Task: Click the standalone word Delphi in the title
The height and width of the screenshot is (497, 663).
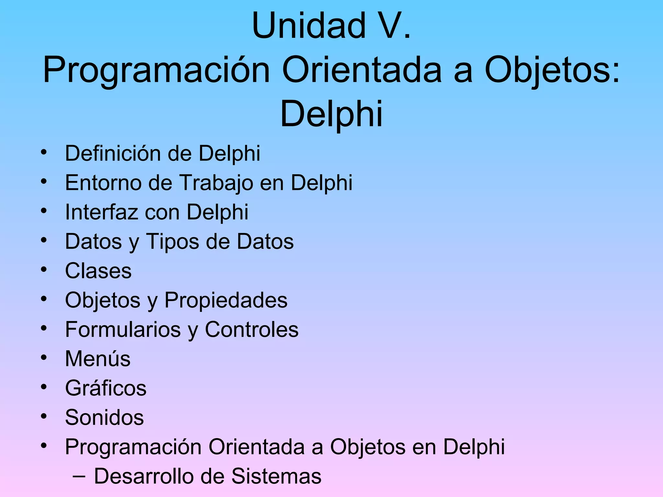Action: [331, 114]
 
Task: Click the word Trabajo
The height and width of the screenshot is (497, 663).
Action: [216, 183]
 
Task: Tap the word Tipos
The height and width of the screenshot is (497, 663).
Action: [173, 242]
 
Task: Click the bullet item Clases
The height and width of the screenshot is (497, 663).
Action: [98, 271]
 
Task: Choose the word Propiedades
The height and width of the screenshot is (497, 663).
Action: [226, 300]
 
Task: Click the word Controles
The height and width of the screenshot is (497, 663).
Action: [252, 330]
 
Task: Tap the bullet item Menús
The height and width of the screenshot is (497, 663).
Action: [98, 359]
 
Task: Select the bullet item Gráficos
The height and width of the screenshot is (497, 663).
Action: [106, 388]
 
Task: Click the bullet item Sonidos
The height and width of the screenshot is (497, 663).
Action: [104, 417]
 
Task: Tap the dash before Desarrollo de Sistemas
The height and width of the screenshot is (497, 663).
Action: [79, 476]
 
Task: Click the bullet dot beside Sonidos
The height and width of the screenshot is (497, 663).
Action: [44, 416]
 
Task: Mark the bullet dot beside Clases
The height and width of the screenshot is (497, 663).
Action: [44, 270]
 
